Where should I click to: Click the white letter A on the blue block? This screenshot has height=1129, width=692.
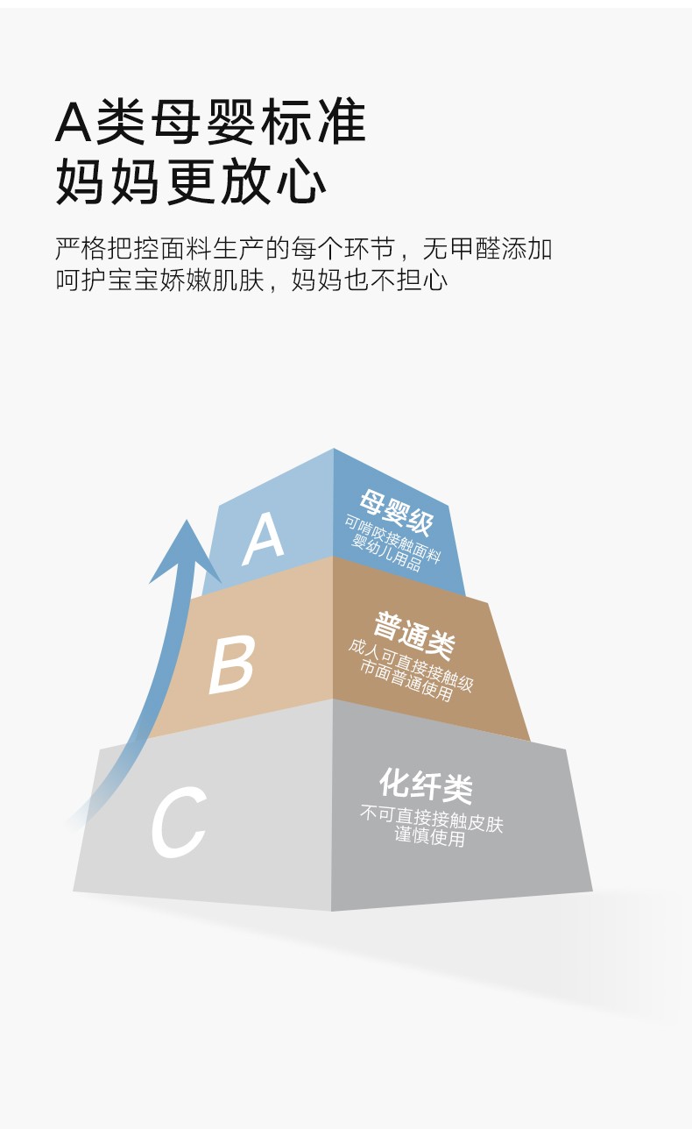coord(263,539)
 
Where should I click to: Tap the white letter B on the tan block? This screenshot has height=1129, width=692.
coord(231,664)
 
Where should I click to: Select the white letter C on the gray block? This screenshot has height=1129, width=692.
coord(179,822)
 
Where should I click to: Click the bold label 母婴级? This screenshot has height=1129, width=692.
coord(396,512)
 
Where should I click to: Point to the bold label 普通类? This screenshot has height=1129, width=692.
coord(414,635)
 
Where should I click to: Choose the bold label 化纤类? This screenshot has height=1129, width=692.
coord(426,786)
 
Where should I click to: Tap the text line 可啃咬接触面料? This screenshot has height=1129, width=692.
coord(392,538)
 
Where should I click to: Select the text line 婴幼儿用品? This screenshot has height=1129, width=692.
coord(385,553)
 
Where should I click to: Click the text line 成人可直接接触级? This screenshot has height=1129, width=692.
coord(411,665)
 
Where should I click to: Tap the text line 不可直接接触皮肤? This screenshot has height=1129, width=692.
coord(432,820)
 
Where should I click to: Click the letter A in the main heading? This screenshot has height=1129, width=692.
coord(73,122)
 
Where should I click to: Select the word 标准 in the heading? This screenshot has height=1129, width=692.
coord(313,122)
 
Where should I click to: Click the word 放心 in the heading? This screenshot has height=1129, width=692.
coord(273,181)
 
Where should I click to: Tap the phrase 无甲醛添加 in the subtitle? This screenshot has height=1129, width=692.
coord(487,248)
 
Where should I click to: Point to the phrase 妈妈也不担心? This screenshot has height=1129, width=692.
coord(370,280)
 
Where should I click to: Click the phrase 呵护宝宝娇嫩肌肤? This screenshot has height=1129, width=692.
coord(160,280)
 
